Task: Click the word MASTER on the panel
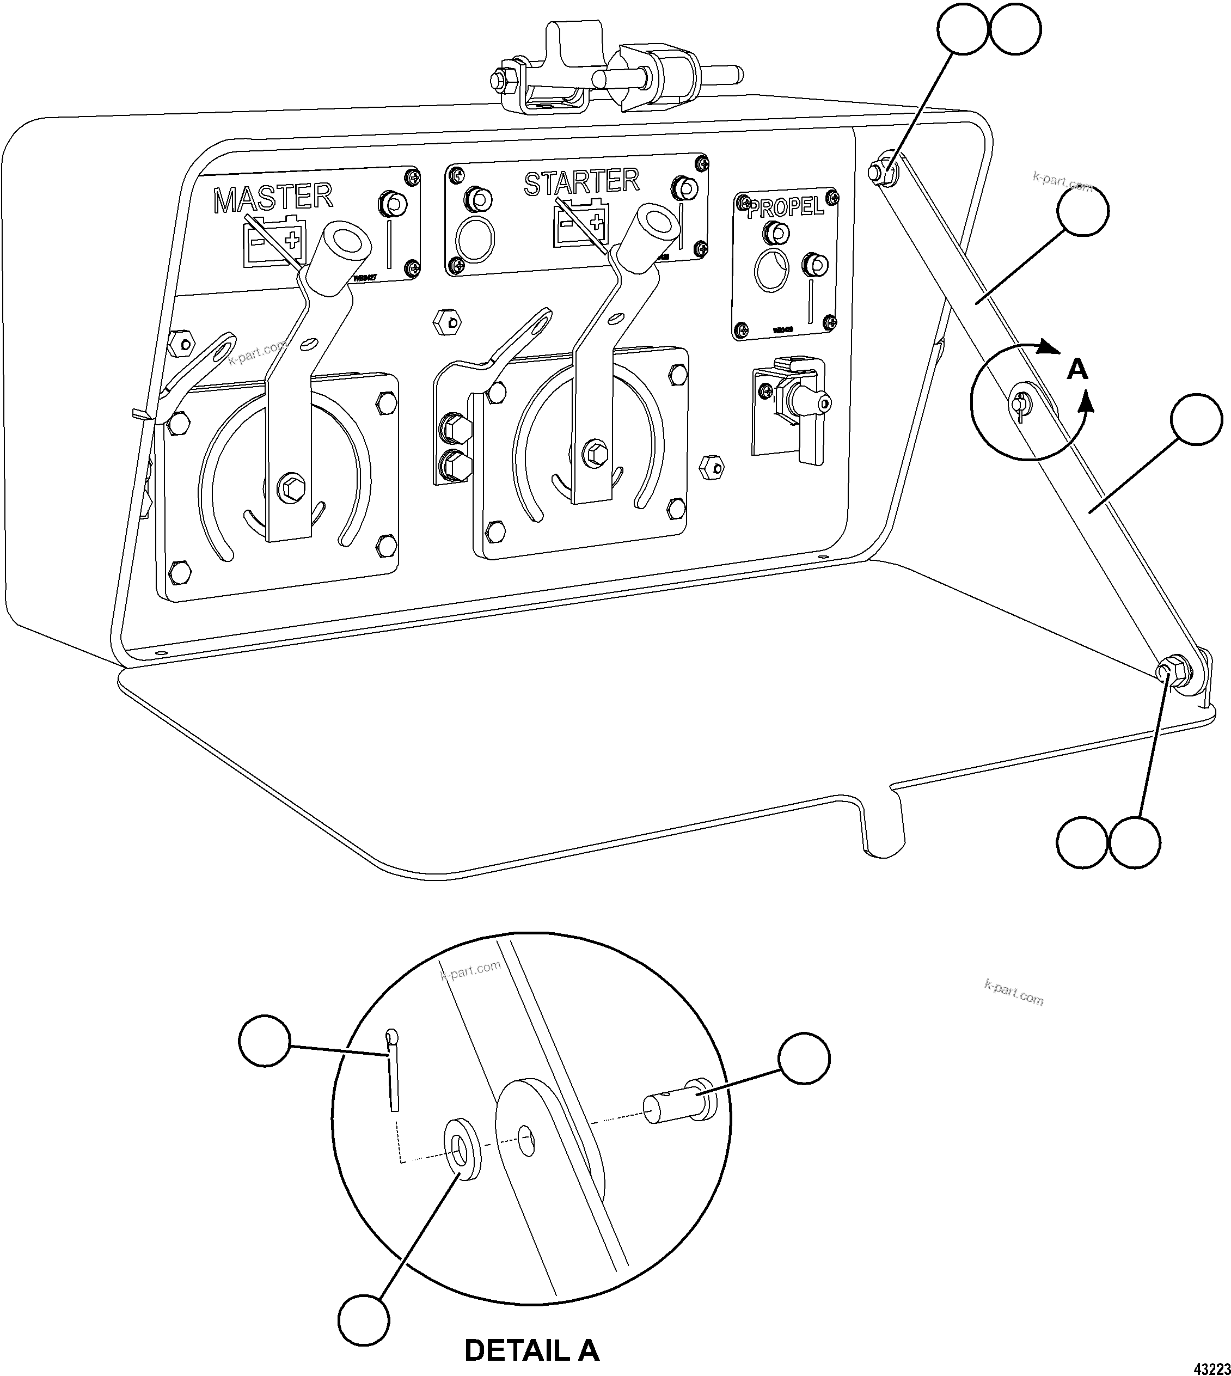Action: (x=273, y=198)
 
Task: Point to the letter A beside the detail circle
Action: (x=1077, y=370)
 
